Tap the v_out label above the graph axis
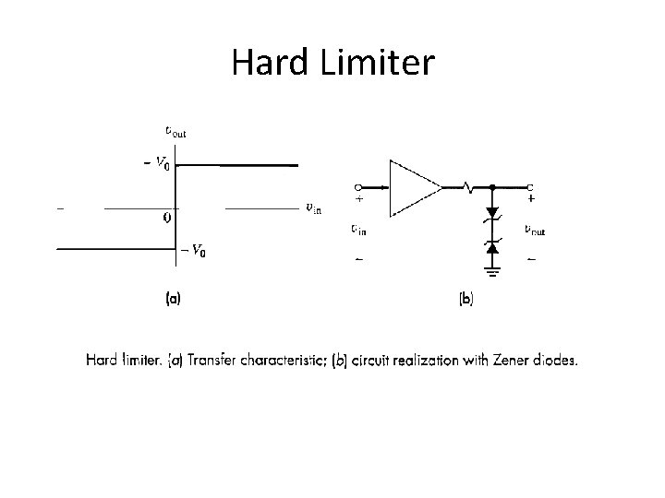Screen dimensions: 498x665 tap(175, 131)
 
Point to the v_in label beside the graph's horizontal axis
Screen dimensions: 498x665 tap(314, 207)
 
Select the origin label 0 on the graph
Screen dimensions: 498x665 tap(166, 219)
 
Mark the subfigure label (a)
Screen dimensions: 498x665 tap(173, 300)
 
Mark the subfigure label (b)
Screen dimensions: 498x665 tap(465, 300)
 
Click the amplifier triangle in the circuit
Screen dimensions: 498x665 tap(413, 188)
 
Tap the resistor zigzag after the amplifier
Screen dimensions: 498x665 tap(468, 188)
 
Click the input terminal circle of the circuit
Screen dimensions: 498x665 tap(357, 186)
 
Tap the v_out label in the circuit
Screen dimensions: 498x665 tap(535, 230)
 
